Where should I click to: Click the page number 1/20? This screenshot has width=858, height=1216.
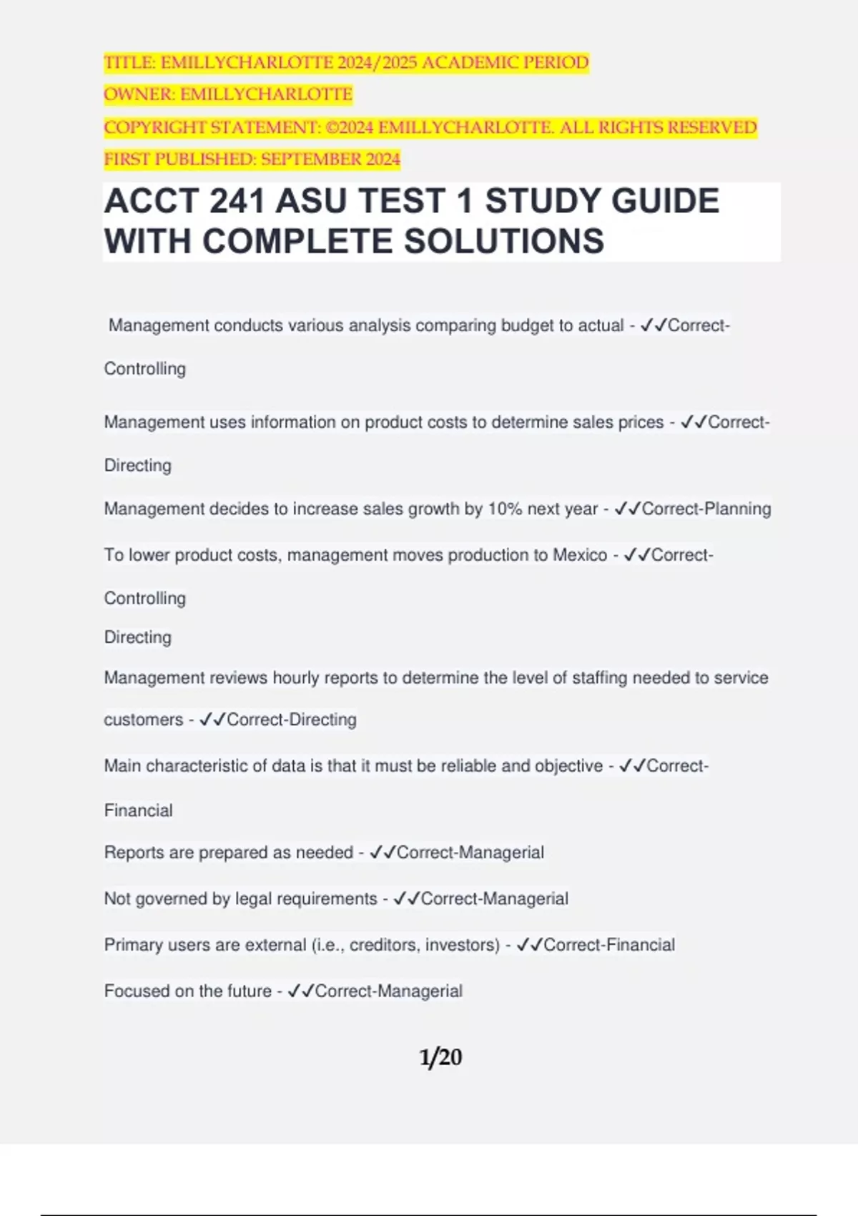click(440, 1056)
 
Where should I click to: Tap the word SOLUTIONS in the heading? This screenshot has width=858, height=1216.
click(504, 241)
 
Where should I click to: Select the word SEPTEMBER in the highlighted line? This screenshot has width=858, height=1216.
click(311, 159)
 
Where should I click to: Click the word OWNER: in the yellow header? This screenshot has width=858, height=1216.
click(139, 94)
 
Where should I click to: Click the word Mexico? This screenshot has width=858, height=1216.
click(580, 555)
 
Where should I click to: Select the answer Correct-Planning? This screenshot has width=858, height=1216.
click(706, 509)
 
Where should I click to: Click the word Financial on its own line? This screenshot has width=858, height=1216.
click(139, 810)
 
